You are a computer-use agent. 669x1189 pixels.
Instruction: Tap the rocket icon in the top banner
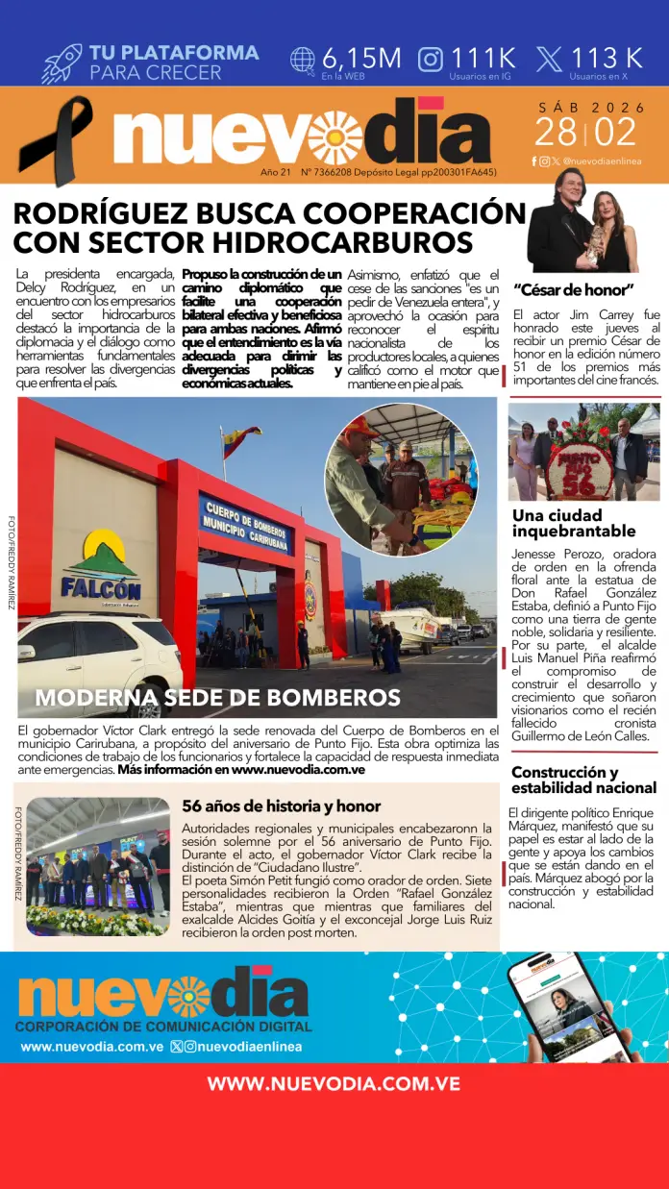click(62, 62)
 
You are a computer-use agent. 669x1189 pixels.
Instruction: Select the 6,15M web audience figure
click(361, 58)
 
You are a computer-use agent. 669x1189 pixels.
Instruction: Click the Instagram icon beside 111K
click(431, 60)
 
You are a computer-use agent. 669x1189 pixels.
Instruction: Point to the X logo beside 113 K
click(549, 60)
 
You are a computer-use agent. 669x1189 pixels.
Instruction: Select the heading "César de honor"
click(574, 289)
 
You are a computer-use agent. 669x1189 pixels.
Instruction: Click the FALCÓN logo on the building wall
click(101, 568)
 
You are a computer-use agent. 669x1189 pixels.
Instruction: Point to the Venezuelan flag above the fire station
click(241, 441)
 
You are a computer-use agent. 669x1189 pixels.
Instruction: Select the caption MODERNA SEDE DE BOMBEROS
click(218, 697)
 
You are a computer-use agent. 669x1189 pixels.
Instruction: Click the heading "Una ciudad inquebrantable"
click(574, 523)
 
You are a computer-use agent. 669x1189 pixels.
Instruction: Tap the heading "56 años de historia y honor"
click(282, 806)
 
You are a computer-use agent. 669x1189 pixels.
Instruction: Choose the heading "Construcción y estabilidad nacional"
click(583, 780)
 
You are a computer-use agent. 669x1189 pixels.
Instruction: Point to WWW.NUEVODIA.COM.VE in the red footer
click(334, 1084)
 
